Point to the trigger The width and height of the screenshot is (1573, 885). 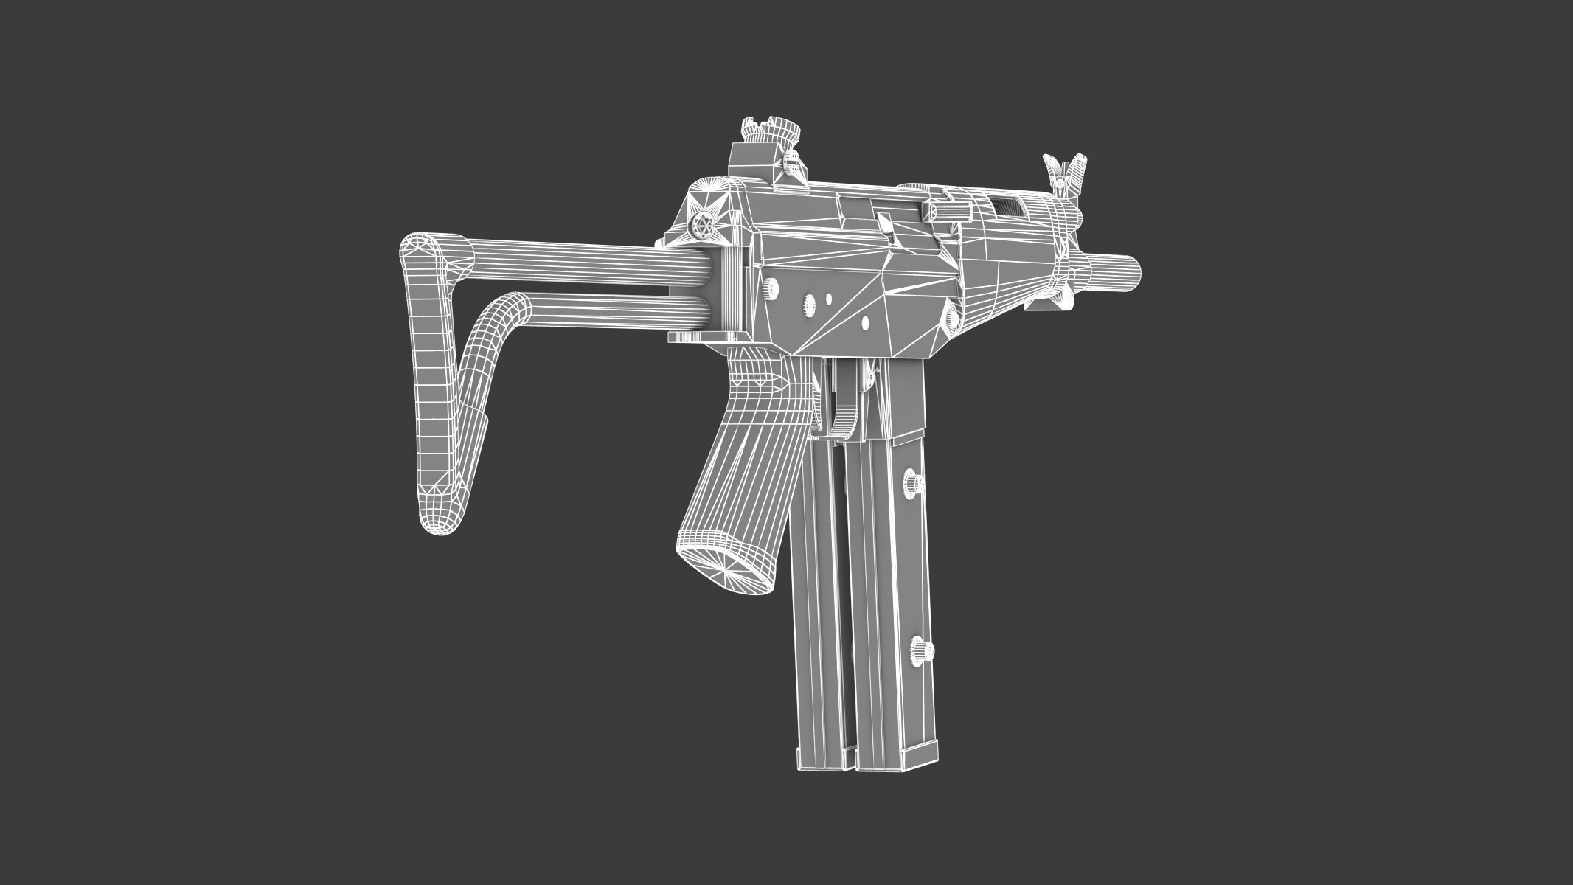coord(841,413)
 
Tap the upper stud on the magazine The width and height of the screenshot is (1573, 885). coord(915,485)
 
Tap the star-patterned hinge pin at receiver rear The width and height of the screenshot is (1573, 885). coord(704,228)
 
